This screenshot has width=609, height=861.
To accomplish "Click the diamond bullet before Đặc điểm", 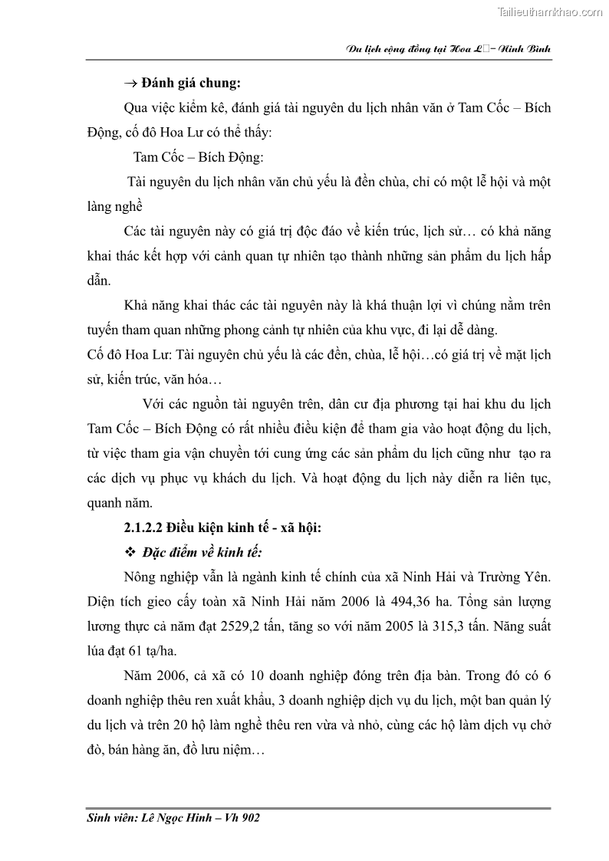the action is [129, 553].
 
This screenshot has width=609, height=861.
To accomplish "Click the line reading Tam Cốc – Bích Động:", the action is [198, 157].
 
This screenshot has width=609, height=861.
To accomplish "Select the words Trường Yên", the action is [517, 577].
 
